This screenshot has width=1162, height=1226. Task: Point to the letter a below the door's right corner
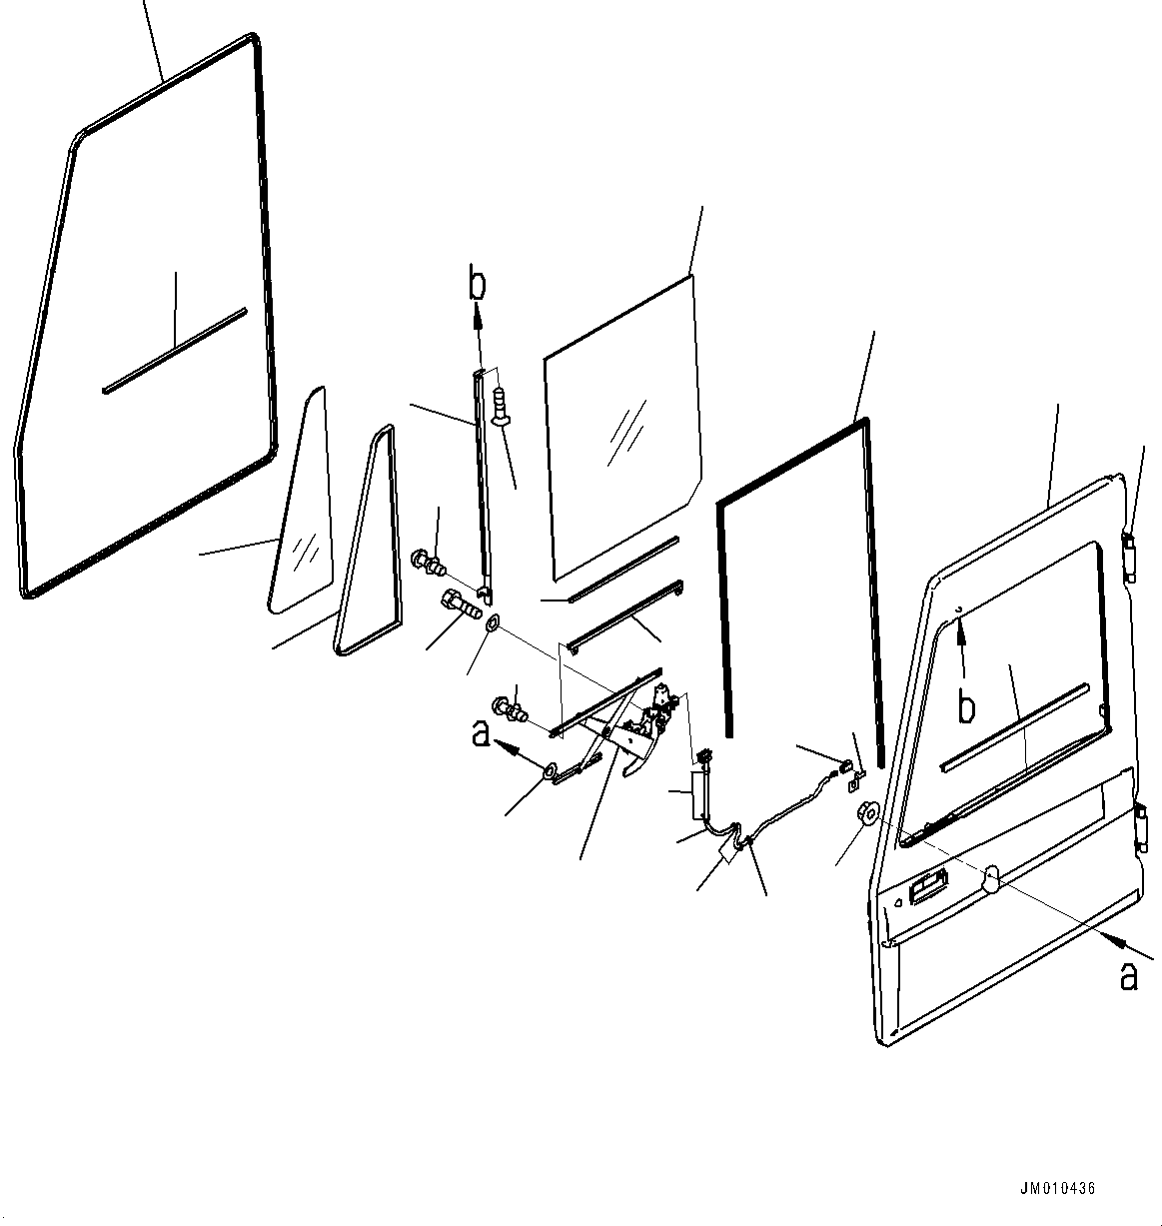(x=1129, y=975)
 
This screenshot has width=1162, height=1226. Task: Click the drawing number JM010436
(x=1058, y=1189)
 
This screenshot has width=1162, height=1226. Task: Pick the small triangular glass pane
(x=301, y=510)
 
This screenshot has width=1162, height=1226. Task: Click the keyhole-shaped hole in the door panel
(x=992, y=877)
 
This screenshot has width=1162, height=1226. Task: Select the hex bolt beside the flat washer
(x=459, y=606)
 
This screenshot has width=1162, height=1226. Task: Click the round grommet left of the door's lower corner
(x=866, y=812)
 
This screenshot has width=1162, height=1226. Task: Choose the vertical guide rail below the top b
(x=484, y=480)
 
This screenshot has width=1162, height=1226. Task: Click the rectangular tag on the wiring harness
(x=728, y=855)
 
